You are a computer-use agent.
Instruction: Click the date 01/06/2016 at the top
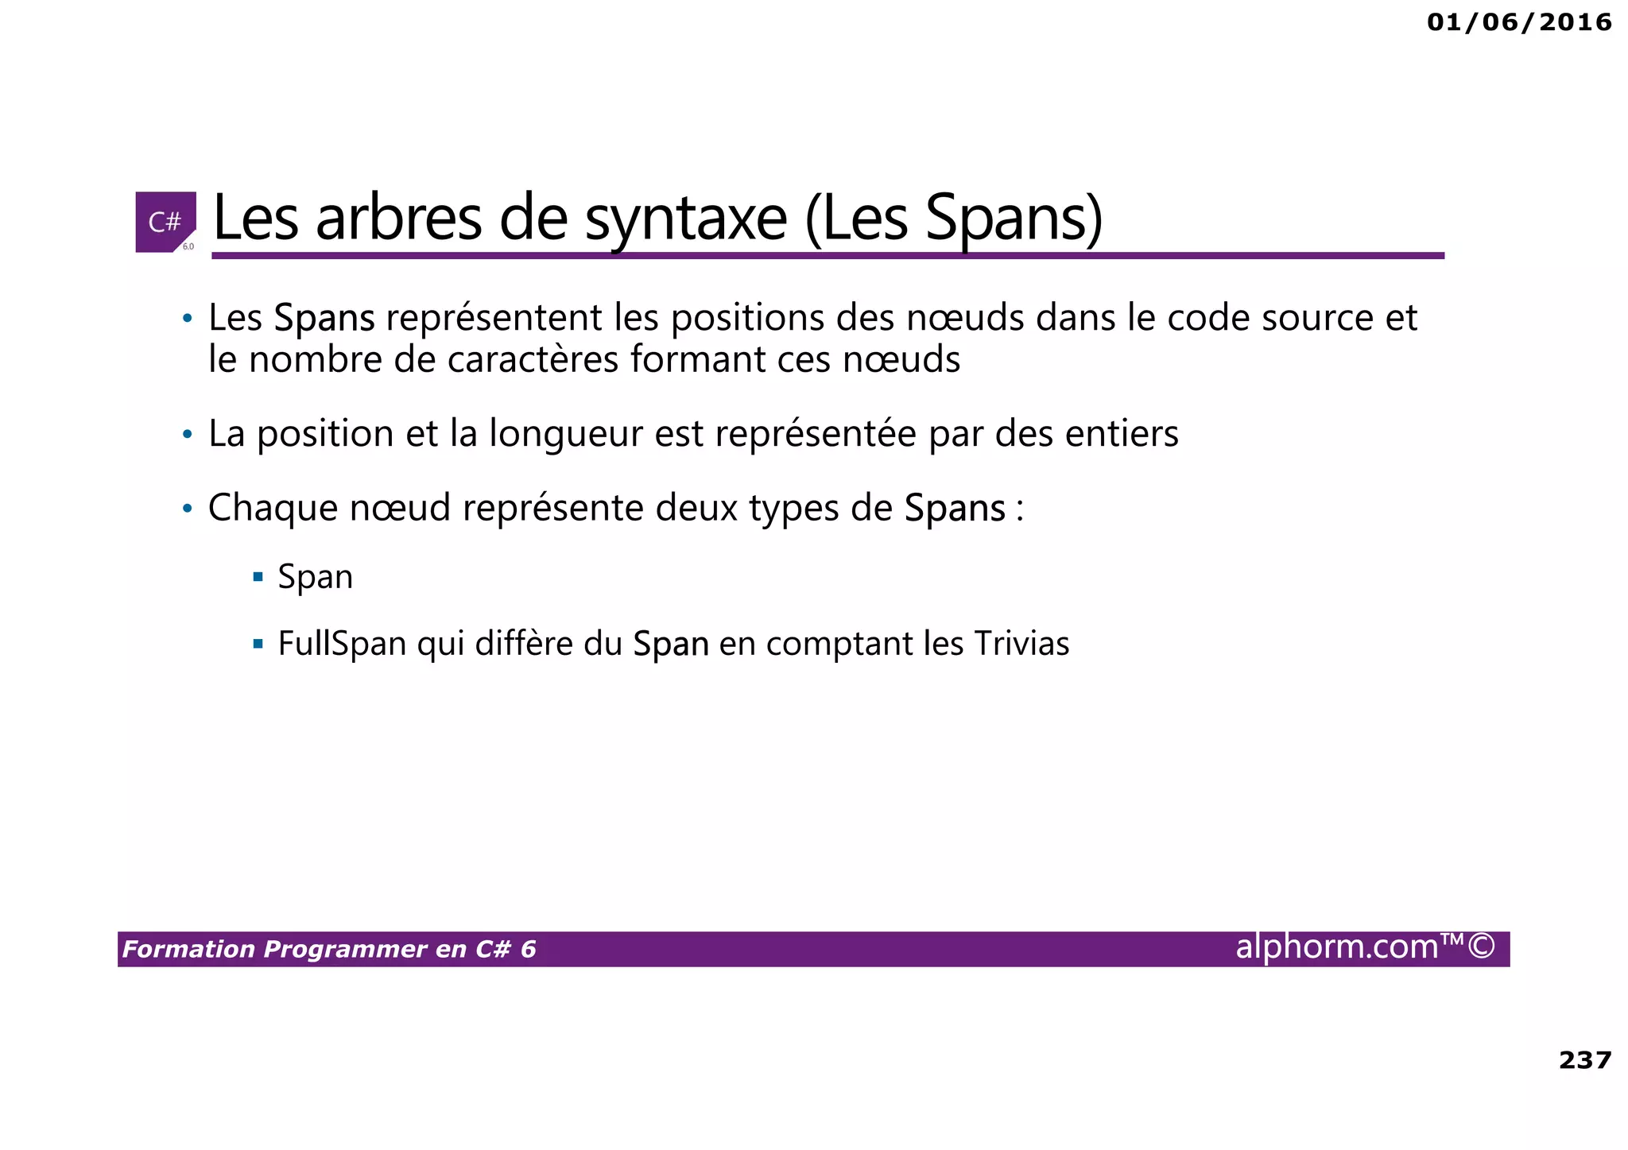click(1518, 22)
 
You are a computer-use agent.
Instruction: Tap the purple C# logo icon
click(165, 222)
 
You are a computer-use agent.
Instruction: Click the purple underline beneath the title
click(827, 256)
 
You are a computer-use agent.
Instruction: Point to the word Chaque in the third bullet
click(273, 508)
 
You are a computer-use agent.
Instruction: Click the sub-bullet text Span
click(315, 577)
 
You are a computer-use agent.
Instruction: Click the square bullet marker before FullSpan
click(258, 643)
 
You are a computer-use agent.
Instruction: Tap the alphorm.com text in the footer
click(1364, 947)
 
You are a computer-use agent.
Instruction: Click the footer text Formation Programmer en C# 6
click(329, 949)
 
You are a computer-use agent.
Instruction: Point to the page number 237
click(1584, 1060)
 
